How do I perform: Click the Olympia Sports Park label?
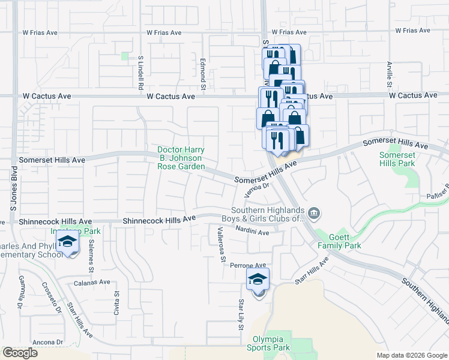(x=268, y=343)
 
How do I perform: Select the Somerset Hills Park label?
(x=397, y=159)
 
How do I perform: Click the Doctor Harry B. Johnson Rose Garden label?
(x=181, y=158)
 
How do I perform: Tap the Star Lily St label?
(x=241, y=314)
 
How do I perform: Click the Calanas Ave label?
(x=92, y=282)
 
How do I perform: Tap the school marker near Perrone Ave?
(x=258, y=280)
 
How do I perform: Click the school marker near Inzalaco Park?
(x=67, y=243)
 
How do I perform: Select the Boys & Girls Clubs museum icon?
(x=313, y=213)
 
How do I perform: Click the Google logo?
(x=20, y=353)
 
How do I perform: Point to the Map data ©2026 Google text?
(x=411, y=355)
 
